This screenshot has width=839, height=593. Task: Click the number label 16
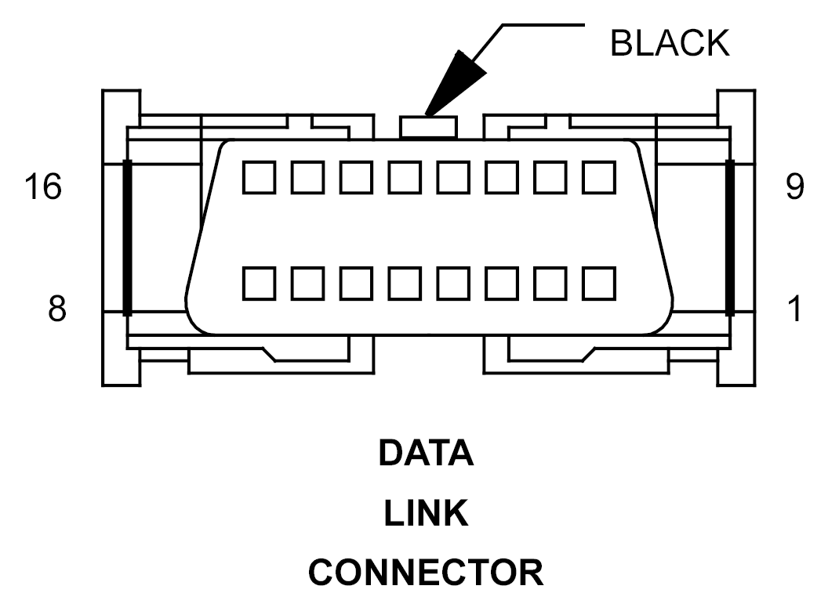[x=42, y=187]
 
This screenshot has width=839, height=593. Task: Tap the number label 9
[x=794, y=187]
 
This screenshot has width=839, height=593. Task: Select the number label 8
[x=56, y=309]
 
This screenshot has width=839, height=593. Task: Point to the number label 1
[x=794, y=309]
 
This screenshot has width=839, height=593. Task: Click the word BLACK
[x=669, y=45]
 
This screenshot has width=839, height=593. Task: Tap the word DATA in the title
[x=426, y=454]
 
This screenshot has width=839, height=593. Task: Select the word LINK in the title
[x=426, y=514]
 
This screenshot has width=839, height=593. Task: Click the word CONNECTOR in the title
[x=426, y=573]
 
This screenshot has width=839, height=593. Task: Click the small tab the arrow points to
[x=427, y=127]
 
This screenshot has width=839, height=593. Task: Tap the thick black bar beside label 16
[x=127, y=237]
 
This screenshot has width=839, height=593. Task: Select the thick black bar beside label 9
[x=730, y=237]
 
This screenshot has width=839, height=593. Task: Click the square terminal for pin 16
[x=258, y=177]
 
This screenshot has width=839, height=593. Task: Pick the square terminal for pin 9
[x=599, y=177]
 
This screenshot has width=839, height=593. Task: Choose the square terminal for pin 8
[x=258, y=283]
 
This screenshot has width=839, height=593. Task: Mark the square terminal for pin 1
[x=599, y=283]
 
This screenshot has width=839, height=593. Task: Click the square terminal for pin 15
[x=307, y=177]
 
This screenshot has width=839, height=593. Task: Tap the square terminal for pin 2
[x=550, y=283]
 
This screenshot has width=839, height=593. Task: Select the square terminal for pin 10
[x=550, y=177]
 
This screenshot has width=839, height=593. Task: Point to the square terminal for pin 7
[x=307, y=283]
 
